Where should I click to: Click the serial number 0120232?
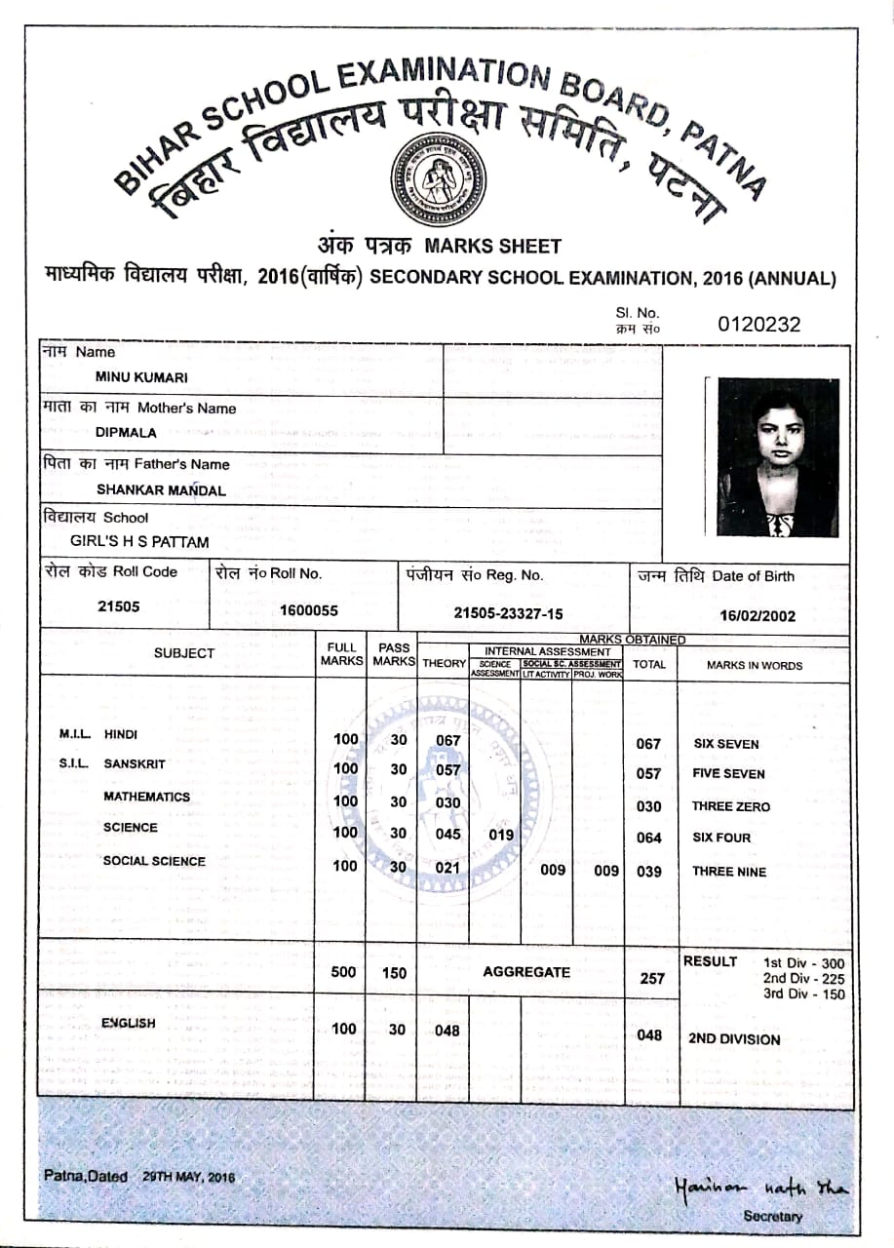758,324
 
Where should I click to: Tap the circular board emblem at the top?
438,177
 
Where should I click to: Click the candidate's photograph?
778,456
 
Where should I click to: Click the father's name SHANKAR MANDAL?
161,489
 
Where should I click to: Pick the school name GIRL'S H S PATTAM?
139,541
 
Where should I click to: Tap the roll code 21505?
119,605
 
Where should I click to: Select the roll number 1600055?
308,610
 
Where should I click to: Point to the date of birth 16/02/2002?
758,615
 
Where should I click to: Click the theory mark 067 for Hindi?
447,740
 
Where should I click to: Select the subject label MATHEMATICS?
146,797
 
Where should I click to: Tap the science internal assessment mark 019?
500,835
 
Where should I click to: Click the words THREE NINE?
728,872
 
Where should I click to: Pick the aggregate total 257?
652,978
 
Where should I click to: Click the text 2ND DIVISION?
734,1038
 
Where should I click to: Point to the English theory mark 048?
447,1030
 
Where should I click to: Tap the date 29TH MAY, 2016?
189,1177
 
